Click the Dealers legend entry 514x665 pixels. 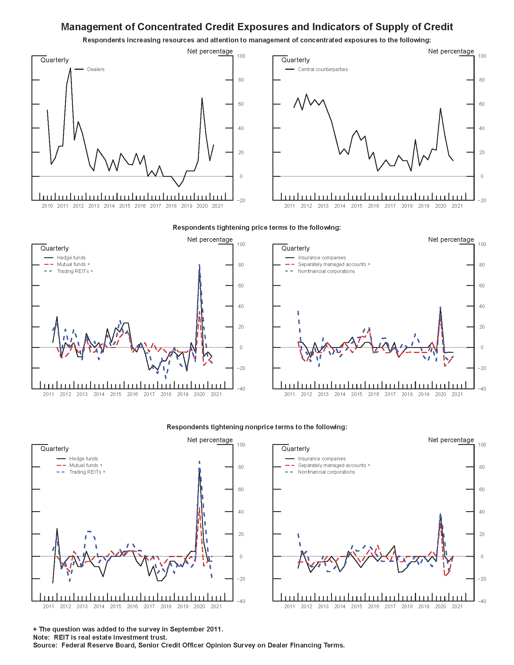pyautogui.click(x=96, y=70)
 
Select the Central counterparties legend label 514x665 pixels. pyautogui.click(x=323, y=70)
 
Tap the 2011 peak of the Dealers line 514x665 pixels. pyautogui.click(x=70, y=68)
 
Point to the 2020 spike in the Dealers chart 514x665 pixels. pyautogui.click(x=202, y=98)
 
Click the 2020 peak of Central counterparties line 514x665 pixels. pyautogui.click(x=440, y=109)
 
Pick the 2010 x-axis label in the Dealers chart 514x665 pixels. pyautogui.click(x=47, y=206)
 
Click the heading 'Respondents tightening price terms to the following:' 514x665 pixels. pyautogui.click(x=257, y=227)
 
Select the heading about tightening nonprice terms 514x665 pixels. pyautogui.click(x=257, y=427)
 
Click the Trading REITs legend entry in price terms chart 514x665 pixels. pyautogui.click(x=75, y=271)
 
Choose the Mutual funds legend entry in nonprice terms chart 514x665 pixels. pyautogui.click(x=86, y=465)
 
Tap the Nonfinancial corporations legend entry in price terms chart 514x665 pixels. pyautogui.click(x=326, y=271)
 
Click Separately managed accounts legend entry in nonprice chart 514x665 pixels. pyautogui.click(x=334, y=465)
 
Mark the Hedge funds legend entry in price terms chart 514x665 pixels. pyautogui.click(x=71, y=258)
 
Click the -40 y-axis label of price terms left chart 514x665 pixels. pyautogui.click(x=241, y=389)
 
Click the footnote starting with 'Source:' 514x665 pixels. pyautogui.click(x=189, y=645)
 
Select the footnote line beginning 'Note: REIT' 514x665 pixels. pyautogui.click(x=100, y=637)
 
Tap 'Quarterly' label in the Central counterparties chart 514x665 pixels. pyautogui.click(x=295, y=60)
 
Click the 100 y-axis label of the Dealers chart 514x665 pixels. pyautogui.click(x=241, y=56)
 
